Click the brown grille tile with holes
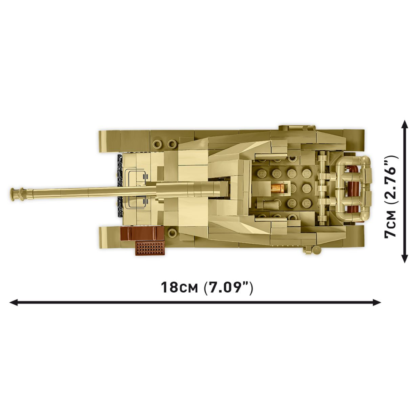[x=150, y=248]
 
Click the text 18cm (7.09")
[x=207, y=288]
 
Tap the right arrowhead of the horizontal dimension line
[x=377, y=302]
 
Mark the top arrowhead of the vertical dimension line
[x=405, y=124]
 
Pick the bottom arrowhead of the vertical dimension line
[x=405, y=258]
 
